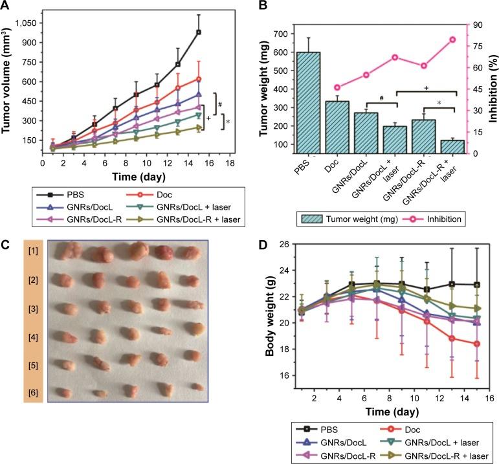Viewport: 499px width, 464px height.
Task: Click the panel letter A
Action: coord(6,5)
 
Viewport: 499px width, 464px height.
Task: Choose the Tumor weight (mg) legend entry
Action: coord(347,219)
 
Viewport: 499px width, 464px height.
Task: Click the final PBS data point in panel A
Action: coord(199,32)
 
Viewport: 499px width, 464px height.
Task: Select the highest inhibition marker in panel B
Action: coord(452,39)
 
